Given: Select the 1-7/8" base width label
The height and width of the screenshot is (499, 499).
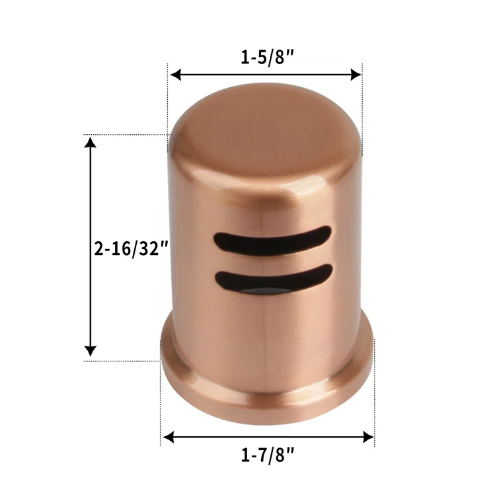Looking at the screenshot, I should [x=268, y=455].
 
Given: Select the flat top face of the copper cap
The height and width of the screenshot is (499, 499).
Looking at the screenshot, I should [x=264, y=126].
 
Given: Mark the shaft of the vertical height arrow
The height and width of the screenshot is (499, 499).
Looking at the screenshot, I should [x=91, y=198].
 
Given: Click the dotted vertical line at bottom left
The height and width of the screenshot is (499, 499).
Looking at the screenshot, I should [x=161, y=403].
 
